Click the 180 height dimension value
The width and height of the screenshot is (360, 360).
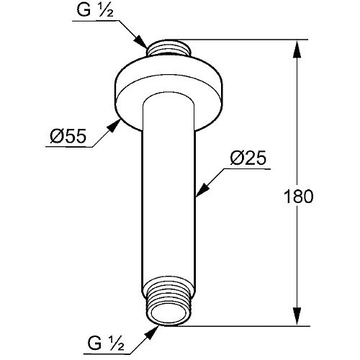pos(299,197)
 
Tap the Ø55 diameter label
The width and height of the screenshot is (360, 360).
pos(68,136)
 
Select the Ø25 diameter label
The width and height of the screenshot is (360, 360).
pos(248,158)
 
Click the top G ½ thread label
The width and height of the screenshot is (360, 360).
pos(95,10)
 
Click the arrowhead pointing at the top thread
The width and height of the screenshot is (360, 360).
pos(141,42)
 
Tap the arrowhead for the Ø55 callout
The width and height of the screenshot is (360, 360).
pos(114,125)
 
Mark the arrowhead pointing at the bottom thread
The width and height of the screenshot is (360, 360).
pos(152,333)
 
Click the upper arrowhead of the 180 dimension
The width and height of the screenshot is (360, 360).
pos(297,49)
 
